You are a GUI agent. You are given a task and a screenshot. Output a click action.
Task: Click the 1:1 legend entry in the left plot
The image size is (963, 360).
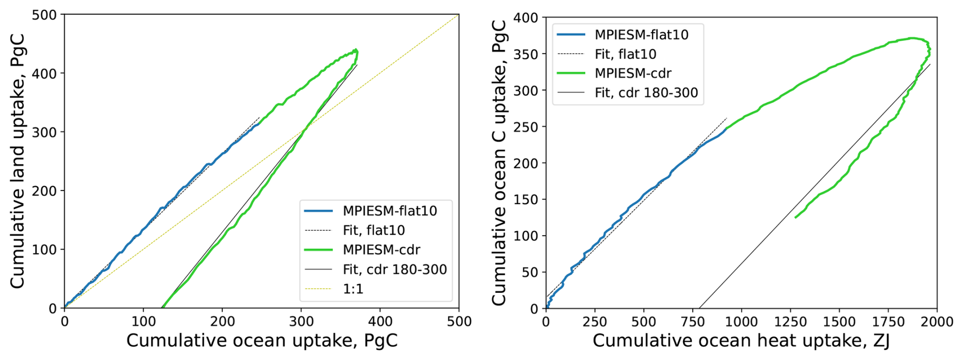pos(353,289)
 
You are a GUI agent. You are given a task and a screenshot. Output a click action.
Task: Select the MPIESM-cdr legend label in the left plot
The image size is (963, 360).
pos(381,250)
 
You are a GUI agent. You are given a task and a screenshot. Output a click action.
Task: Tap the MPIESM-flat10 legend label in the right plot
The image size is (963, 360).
pos(641,35)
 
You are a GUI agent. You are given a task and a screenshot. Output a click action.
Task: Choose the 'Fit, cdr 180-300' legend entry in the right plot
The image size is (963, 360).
pos(646,93)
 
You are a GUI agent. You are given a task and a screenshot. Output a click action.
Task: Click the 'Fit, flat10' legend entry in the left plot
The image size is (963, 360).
pos(374,230)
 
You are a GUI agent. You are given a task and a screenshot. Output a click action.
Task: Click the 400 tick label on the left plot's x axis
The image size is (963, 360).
pos(380,322)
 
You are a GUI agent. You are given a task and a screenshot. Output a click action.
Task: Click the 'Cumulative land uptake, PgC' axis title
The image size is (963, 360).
pos(17,162)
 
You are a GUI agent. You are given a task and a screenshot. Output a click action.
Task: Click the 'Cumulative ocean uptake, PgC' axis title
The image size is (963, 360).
pos(262,341)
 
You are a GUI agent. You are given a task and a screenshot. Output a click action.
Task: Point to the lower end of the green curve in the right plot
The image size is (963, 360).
pos(796,217)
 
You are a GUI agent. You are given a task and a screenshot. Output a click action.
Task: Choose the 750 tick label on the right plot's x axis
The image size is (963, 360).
pos(693,322)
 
